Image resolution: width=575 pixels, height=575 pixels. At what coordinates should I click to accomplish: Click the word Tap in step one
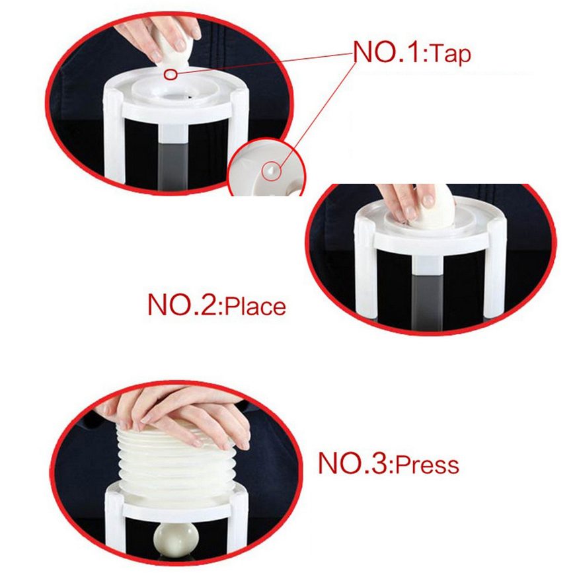(x=450, y=55)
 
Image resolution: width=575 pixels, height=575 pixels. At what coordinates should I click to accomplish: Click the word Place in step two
(x=255, y=307)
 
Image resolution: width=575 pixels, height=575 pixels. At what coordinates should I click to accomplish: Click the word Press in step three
(x=427, y=465)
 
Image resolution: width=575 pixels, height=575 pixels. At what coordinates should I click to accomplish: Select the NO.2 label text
(x=184, y=305)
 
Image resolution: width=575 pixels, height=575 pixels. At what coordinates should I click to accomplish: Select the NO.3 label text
(x=355, y=463)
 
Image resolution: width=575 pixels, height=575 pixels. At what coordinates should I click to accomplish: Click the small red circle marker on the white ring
(x=170, y=75)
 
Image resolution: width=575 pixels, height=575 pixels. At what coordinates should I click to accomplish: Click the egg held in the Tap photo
(x=172, y=52)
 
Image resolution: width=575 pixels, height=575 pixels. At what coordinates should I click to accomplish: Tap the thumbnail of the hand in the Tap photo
(x=180, y=45)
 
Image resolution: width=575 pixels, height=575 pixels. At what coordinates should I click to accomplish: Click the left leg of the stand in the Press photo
(x=114, y=521)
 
